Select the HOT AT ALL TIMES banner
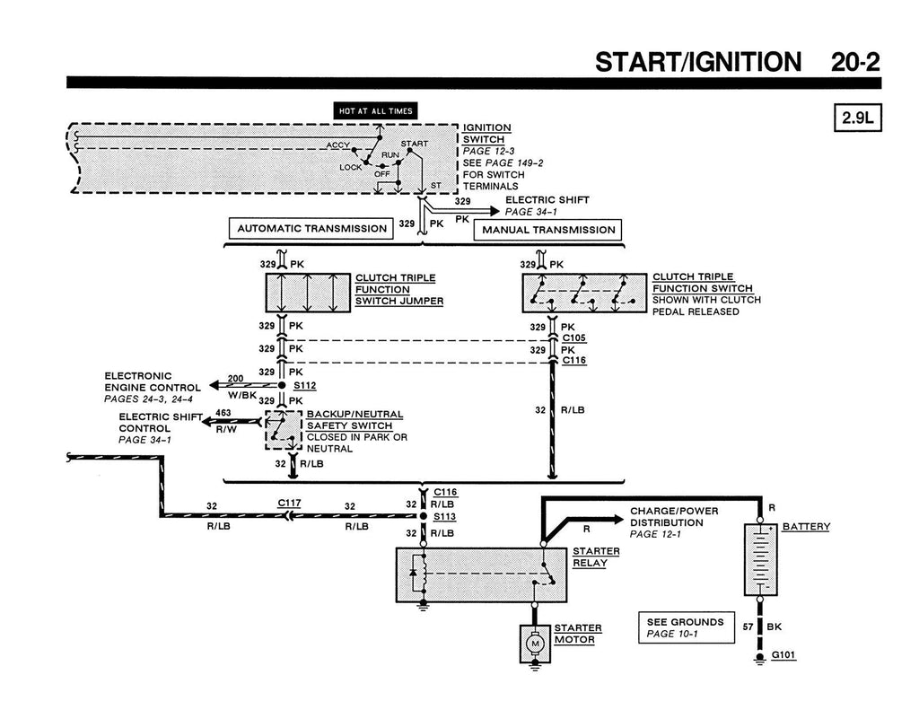pyautogui.click(x=375, y=111)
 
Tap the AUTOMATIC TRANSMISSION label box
pyautogui.click(x=311, y=229)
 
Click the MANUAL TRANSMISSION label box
pyautogui.click(x=548, y=230)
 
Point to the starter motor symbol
pyautogui.click(x=535, y=644)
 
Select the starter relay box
pyautogui.click(x=480, y=574)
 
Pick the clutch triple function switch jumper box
pyautogui.click(x=308, y=293)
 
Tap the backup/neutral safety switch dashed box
pyautogui.click(x=284, y=431)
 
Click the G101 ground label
pyautogui.click(x=783, y=655)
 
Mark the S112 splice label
pyautogui.click(x=304, y=384)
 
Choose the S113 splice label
pyautogui.click(x=445, y=517)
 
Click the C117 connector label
pyautogui.click(x=289, y=504)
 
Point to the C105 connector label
pyautogui.click(x=573, y=338)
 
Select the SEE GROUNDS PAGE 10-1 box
pyautogui.click(x=685, y=627)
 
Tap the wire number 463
pyautogui.click(x=223, y=412)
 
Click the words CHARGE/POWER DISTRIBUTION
pyautogui.click(x=674, y=517)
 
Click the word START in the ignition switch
pyautogui.click(x=414, y=144)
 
